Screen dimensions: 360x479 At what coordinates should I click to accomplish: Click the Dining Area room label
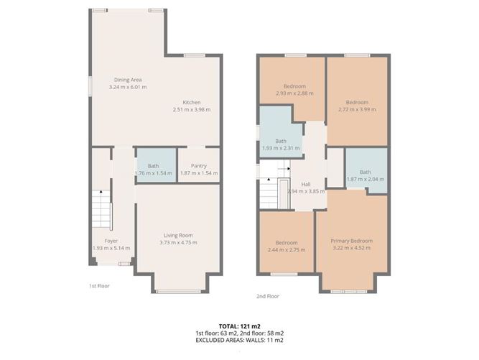(127, 80)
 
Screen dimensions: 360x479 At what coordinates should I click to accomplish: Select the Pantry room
(198, 166)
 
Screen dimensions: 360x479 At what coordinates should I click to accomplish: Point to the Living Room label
(177, 235)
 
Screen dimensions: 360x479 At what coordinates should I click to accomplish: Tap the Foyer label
(111, 241)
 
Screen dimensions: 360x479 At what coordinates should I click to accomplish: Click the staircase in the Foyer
(101, 209)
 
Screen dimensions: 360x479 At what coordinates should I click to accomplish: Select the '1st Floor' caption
(99, 286)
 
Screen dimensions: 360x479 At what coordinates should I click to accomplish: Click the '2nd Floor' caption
(268, 295)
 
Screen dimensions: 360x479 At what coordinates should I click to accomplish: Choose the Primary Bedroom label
(351, 241)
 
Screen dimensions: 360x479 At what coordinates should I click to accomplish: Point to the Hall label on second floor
(306, 184)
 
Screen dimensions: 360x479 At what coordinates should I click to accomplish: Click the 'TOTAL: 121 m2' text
(239, 326)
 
